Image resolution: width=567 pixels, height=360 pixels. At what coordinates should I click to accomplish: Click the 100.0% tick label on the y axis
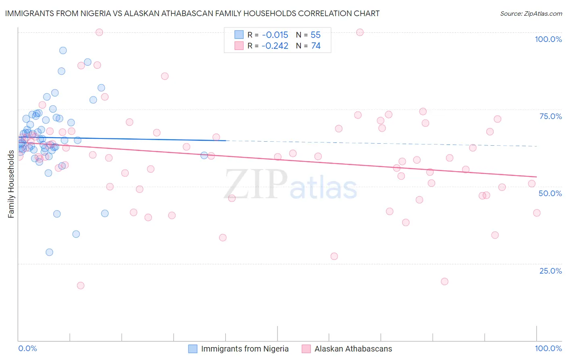pos(548,39)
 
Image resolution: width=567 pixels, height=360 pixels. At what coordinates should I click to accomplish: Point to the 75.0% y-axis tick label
pos(550,116)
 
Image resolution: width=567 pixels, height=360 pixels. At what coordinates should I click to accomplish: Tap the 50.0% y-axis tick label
pos(550,193)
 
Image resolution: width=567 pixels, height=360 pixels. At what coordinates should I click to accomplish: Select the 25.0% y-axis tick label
pos(550,271)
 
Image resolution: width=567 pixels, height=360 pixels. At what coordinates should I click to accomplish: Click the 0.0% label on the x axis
pos(27,348)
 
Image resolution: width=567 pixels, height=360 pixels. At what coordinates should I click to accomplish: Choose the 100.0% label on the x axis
pos(548,348)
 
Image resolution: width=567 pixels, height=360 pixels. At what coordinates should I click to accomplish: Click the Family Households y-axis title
pos(11,184)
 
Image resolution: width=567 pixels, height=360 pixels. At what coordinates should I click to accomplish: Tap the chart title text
pos(192,13)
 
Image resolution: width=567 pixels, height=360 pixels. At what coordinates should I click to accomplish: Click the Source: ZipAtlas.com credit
pos(531,13)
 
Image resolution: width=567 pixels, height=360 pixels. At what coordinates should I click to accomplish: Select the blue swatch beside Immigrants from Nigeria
pos(193,349)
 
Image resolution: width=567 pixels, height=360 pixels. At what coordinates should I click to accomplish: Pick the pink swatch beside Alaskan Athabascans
pos(306,349)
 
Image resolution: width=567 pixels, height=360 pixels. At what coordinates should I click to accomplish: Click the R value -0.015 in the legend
pos(275,35)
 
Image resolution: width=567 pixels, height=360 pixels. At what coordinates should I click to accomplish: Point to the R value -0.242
pos(275,46)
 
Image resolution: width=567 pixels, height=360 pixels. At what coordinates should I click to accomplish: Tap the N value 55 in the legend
pos(315,35)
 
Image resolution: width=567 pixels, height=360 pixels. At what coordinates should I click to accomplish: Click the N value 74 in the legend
pos(316,46)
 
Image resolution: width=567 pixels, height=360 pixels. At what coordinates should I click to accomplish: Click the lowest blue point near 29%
pos(49,252)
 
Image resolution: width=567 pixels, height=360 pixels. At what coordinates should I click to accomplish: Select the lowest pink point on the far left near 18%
pos(81,285)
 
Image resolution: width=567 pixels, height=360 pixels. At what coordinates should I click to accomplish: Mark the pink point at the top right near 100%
pos(360,32)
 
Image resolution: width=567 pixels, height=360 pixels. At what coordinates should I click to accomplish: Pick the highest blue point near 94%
pos(63,50)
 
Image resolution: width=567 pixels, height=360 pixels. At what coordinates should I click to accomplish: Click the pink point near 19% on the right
pos(444,281)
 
